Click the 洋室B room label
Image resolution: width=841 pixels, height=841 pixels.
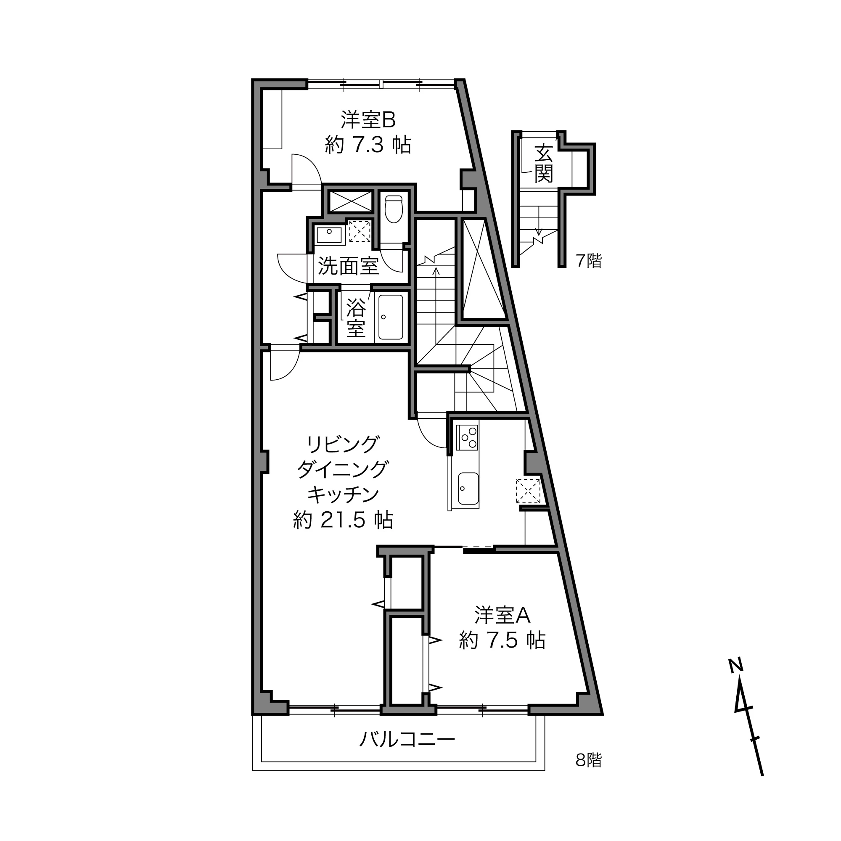click(x=368, y=120)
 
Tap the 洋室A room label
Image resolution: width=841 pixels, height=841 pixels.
click(x=502, y=615)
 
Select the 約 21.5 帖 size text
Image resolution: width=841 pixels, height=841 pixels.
click(x=343, y=520)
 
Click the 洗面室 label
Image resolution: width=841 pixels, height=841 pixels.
click(x=348, y=266)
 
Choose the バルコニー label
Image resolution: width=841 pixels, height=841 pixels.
click(x=407, y=739)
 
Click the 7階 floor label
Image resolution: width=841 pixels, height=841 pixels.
click(x=589, y=261)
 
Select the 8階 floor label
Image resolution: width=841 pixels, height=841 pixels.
click(x=589, y=760)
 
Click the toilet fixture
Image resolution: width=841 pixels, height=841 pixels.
click(x=394, y=209)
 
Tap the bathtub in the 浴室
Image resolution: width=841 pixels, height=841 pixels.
click(x=391, y=317)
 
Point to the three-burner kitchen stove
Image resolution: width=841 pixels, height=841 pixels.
click(x=467, y=437)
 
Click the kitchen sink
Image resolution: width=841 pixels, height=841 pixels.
click(x=468, y=488)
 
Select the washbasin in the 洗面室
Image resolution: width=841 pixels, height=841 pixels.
click(x=329, y=235)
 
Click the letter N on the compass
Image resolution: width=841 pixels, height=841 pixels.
click(x=735, y=665)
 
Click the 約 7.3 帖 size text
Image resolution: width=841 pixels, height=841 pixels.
click(x=368, y=145)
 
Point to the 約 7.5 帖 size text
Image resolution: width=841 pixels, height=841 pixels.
click(x=502, y=640)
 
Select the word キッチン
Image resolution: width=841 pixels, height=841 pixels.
click(x=343, y=495)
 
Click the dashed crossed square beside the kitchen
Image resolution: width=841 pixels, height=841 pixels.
click(x=528, y=491)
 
